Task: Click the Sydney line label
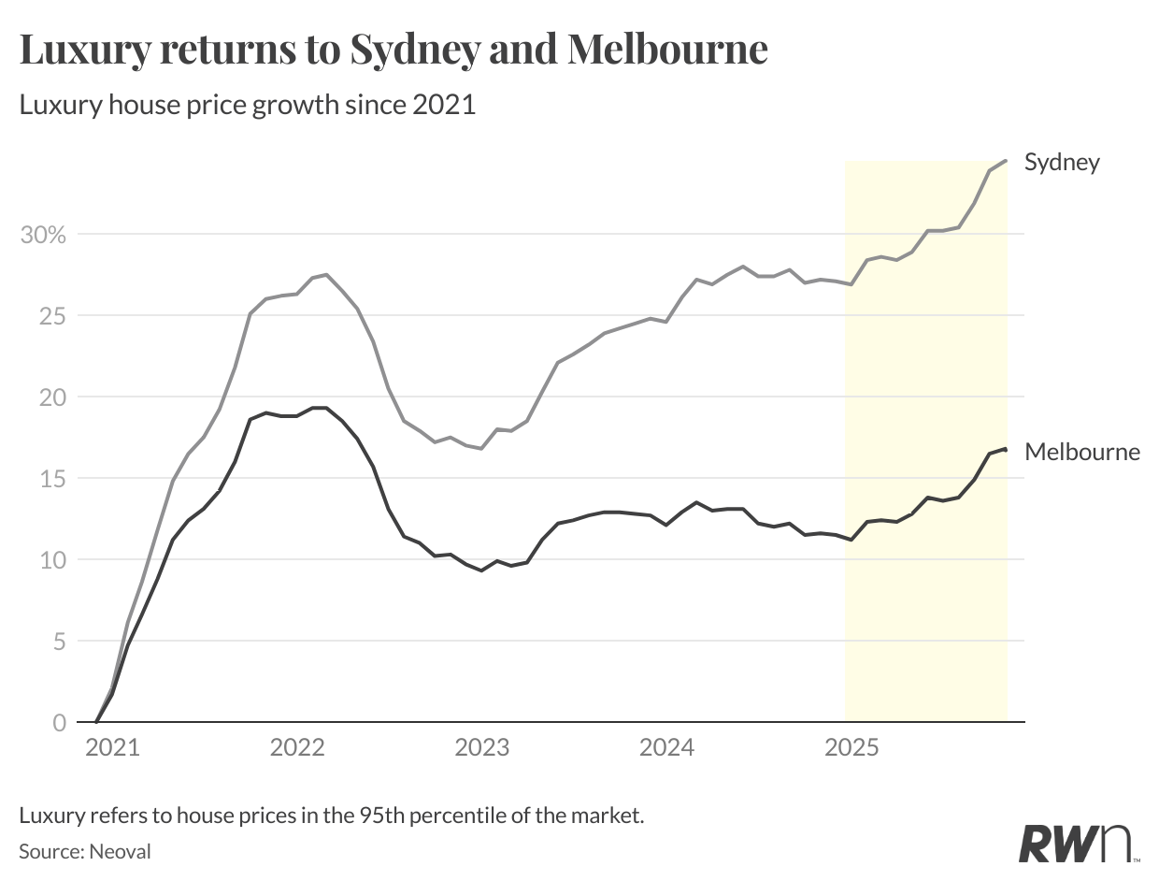(x=1062, y=162)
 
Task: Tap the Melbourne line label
(x=1082, y=452)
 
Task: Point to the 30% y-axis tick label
(x=43, y=234)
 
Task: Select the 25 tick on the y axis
(x=52, y=315)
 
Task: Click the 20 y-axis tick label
(x=52, y=397)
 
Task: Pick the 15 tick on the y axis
(x=52, y=478)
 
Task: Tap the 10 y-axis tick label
(x=52, y=559)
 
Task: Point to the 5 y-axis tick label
(x=59, y=642)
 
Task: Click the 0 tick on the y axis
(x=59, y=723)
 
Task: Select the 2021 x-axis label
(x=112, y=748)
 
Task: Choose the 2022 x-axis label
(x=296, y=748)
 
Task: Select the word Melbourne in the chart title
(x=667, y=50)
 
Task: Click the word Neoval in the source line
(x=121, y=851)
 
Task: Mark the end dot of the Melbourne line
(x=1005, y=450)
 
